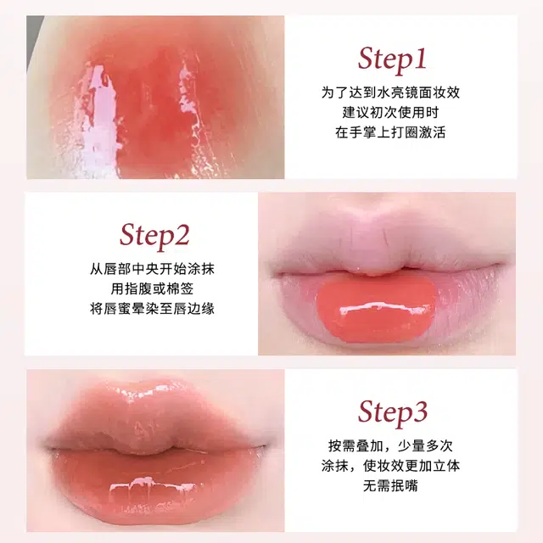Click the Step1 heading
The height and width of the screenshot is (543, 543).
point(392,59)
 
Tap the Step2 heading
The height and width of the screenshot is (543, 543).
point(154,236)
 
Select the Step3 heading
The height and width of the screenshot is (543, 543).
point(393,413)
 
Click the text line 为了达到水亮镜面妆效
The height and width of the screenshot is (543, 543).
point(390,92)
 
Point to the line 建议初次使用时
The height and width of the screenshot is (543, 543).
point(390,113)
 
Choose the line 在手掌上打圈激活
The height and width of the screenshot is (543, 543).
point(390,132)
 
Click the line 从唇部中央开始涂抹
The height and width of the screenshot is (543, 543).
point(153,269)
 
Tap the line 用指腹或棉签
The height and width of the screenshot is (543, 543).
point(153,288)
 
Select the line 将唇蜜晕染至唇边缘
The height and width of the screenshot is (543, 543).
point(153,309)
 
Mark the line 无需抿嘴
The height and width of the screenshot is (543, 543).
point(390,485)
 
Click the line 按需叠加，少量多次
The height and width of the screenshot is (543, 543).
point(390,445)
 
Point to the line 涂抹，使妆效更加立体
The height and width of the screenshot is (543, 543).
point(390,466)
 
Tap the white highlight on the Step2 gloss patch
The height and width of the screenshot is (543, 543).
point(384,308)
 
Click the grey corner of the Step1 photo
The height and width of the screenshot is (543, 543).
point(33,38)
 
